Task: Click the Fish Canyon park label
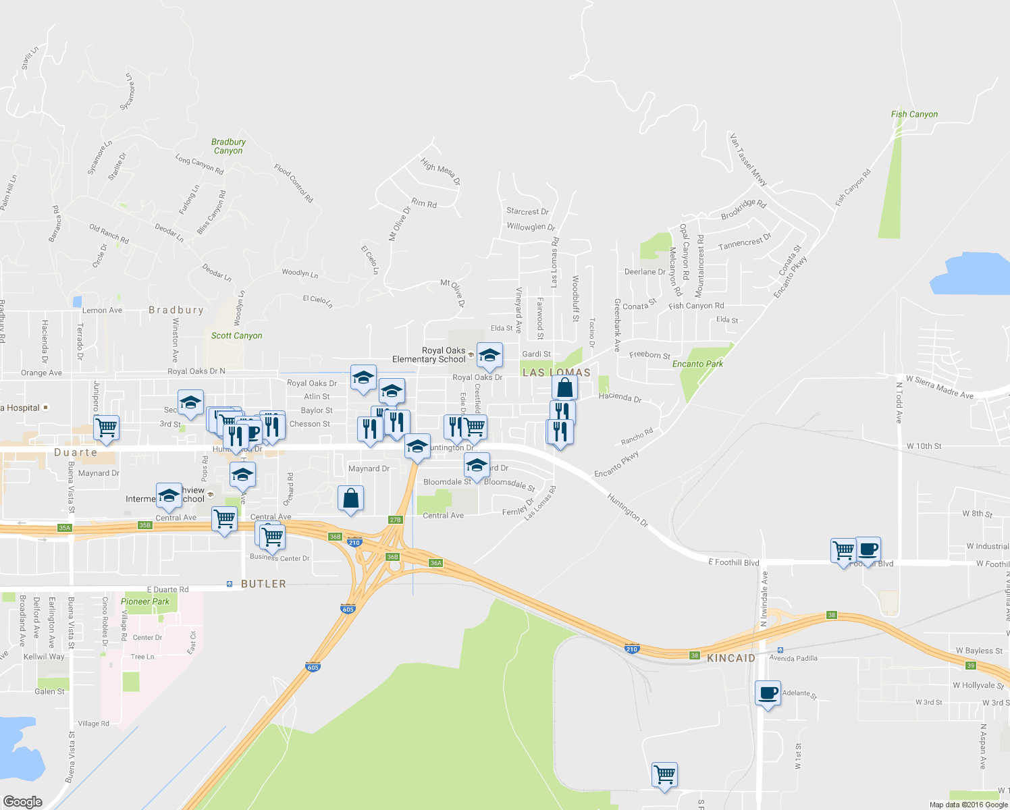point(914,114)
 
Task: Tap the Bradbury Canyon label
point(228,146)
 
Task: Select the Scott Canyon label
point(236,335)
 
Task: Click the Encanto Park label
point(697,364)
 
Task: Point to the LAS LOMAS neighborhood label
point(556,373)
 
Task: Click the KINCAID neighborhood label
point(731,658)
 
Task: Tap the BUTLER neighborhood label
point(263,584)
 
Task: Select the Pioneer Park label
point(145,601)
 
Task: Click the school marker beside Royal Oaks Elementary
point(489,355)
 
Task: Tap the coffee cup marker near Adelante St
point(768,693)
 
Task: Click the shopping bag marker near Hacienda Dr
point(564,388)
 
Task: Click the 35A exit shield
point(64,528)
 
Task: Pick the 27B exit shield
point(396,520)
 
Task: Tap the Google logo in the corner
point(23,801)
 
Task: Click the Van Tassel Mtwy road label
point(748,160)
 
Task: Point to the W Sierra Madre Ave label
point(939,387)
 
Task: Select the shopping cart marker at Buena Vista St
point(106,427)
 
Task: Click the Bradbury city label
point(176,310)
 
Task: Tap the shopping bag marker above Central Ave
point(350,499)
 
